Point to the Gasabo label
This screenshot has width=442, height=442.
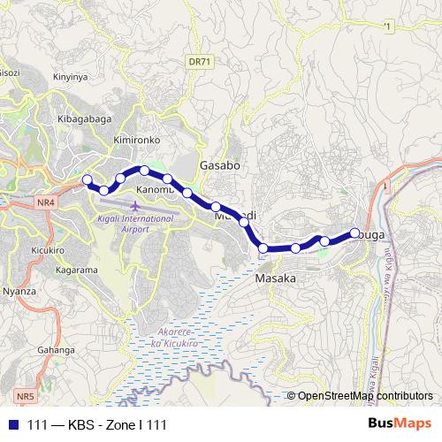click(220, 165)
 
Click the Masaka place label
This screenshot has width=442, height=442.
click(275, 278)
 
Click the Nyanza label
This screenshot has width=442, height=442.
click(19, 290)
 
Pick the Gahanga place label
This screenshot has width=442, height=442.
click(55, 350)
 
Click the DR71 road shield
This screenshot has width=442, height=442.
click(200, 62)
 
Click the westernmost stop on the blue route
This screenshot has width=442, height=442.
click(87, 180)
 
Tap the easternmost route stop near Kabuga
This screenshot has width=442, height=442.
click(355, 233)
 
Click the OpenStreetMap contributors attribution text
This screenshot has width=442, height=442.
click(365, 396)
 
